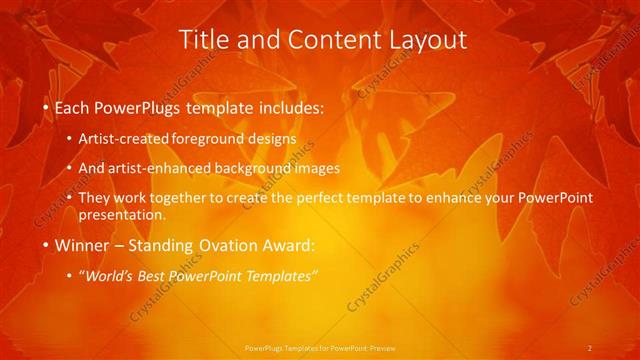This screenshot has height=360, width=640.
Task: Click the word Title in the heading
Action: coord(202,40)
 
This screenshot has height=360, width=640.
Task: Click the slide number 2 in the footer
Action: coord(590,348)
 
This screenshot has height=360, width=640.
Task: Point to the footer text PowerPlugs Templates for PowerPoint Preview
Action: coord(320,348)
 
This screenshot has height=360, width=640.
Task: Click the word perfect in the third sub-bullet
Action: coord(331,198)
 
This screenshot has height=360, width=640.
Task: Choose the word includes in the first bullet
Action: coord(292,105)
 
